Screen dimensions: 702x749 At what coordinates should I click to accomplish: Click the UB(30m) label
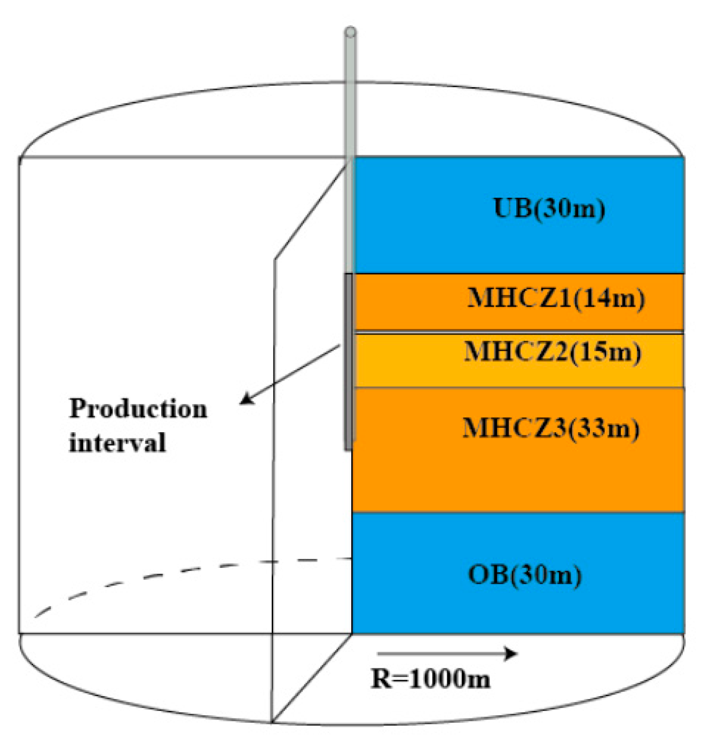click(549, 208)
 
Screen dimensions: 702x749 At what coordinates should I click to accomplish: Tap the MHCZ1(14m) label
click(556, 298)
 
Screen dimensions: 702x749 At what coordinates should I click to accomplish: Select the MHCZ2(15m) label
click(553, 352)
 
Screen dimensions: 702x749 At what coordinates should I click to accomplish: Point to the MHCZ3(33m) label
click(551, 428)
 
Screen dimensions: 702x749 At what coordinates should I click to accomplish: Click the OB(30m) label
click(525, 575)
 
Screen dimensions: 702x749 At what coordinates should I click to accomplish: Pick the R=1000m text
click(430, 678)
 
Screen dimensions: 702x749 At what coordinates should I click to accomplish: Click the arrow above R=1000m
click(446, 653)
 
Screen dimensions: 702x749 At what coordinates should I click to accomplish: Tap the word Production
click(138, 409)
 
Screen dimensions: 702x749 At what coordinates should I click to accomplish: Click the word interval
click(117, 443)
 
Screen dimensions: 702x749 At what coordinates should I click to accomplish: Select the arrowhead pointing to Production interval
click(246, 399)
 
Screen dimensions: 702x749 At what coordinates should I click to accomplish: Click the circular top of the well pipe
click(350, 32)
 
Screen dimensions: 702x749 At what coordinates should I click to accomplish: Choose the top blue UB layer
click(427, 214)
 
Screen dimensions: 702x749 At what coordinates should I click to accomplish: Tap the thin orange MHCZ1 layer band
click(411, 302)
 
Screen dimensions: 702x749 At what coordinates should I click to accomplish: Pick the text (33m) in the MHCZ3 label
click(603, 428)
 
